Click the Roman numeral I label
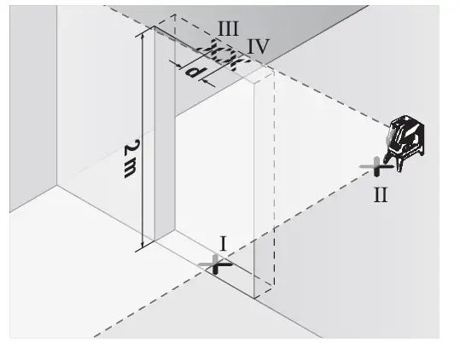pyautogui.click(x=224, y=244)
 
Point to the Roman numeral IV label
pyautogui.click(x=258, y=46)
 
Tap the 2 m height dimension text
pyautogui.click(x=130, y=156)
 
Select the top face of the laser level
pyautogui.click(x=408, y=119)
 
